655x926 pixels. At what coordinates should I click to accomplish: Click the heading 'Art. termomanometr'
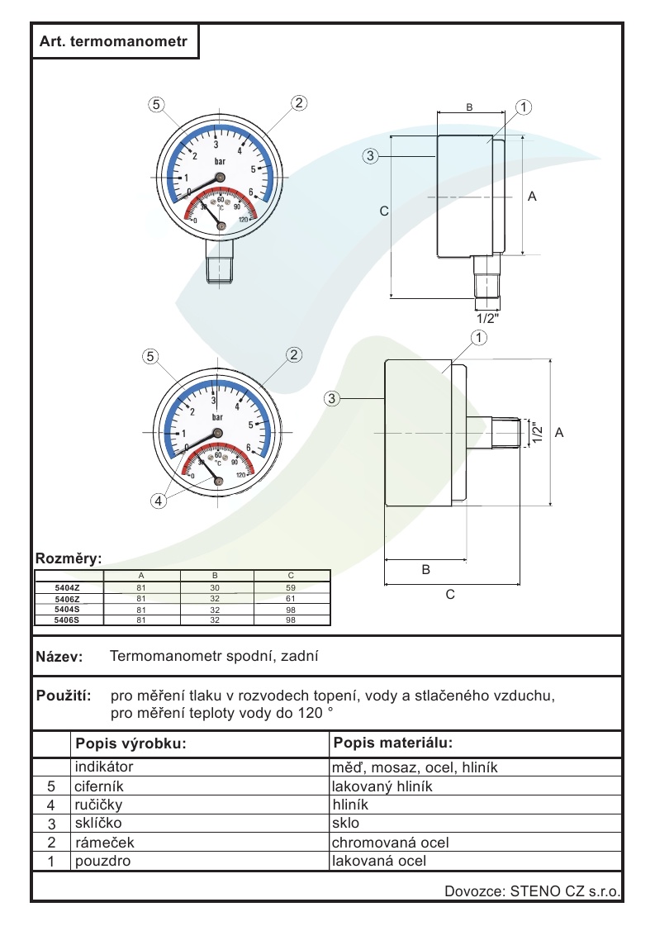click(115, 40)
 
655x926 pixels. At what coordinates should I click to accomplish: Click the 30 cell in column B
click(215, 587)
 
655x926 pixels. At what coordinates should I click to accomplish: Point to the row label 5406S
click(67, 619)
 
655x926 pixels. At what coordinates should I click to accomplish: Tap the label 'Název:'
click(59, 658)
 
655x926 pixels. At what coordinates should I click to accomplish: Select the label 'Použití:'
click(64, 696)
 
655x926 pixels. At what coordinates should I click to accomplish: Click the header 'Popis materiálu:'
click(393, 742)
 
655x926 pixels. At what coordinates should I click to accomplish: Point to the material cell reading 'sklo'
click(345, 824)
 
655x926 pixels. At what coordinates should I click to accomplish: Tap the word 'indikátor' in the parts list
click(104, 767)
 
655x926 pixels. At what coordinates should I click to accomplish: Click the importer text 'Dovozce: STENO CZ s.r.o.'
click(532, 891)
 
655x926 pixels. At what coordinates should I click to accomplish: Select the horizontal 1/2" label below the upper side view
click(488, 317)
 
